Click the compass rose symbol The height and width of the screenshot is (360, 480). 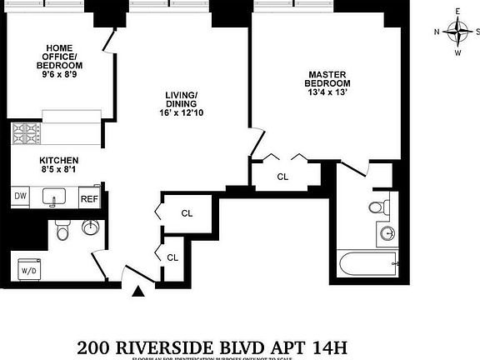(457, 32)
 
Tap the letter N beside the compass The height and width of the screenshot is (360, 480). (437, 32)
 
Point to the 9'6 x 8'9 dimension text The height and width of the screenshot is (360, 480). (64, 75)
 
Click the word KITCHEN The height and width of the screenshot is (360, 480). (58, 160)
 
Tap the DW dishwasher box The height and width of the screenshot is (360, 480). (20, 197)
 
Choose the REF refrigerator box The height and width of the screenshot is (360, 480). (89, 198)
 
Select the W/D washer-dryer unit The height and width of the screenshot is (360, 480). (29, 269)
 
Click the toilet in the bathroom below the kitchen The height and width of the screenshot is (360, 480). (62, 230)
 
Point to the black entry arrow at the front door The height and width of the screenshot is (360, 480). (139, 291)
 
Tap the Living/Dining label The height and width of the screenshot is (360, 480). (181, 99)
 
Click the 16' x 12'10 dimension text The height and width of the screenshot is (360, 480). (181, 112)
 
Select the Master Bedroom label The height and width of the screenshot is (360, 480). (327, 78)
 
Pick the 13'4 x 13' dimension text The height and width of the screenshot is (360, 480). (327, 93)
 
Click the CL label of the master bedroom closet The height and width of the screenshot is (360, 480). (282, 176)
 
